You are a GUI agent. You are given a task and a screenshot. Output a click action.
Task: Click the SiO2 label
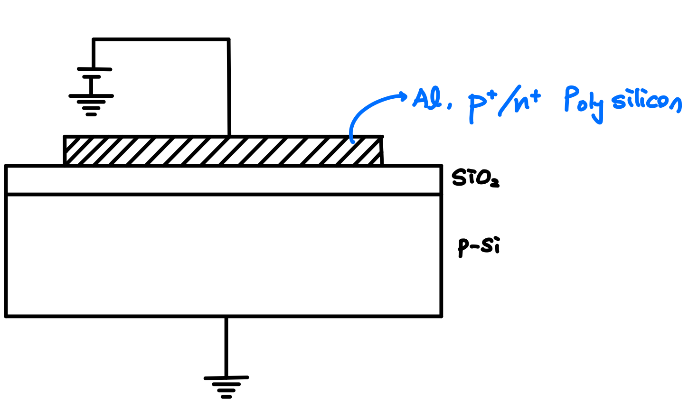tap(475, 178)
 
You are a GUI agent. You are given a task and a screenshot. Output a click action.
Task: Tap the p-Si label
tap(479, 246)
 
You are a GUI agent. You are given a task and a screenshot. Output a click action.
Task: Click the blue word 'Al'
tap(425, 99)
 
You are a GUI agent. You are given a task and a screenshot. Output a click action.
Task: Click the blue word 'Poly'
tap(583, 103)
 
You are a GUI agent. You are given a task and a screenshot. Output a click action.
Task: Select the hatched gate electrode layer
tap(223, 151)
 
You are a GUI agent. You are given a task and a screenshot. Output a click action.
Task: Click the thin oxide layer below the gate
tap(223, 180)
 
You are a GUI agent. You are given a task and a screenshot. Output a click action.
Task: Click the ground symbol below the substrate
tap(226, 386)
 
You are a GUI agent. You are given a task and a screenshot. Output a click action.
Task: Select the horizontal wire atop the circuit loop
tap(161, 39)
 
